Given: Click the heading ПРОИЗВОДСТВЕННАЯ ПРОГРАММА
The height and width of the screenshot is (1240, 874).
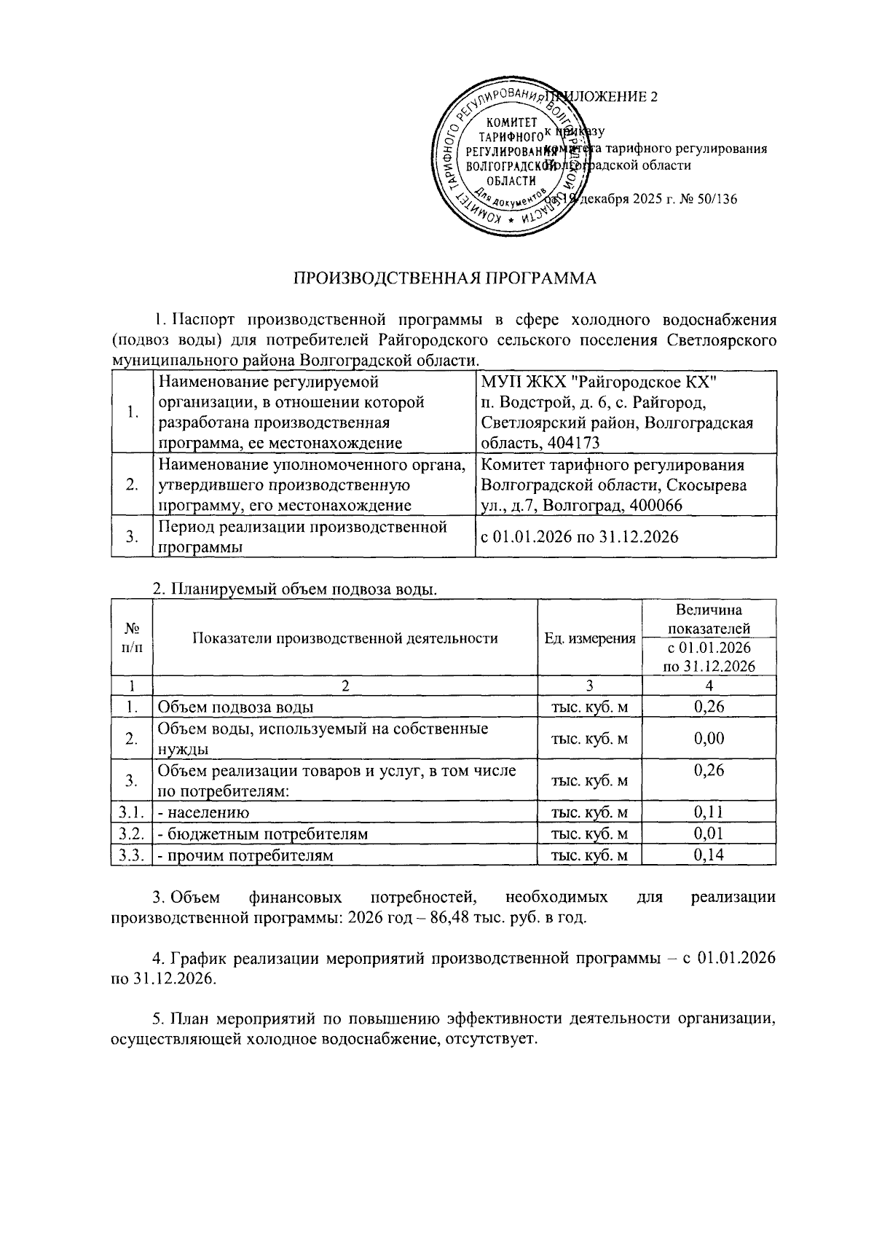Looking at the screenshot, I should [x=444, y=278].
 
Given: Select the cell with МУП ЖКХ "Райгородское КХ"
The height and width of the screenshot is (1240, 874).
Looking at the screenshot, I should [x=599, y=382].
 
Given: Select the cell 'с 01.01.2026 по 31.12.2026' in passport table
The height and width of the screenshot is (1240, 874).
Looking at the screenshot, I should [x=579, y=538].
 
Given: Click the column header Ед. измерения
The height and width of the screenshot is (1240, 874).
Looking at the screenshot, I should [x=589, y=638].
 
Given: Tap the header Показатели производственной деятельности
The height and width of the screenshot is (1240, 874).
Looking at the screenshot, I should [x=345, y=638].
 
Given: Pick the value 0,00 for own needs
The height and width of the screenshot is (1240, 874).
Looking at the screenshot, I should [x=709, y=739].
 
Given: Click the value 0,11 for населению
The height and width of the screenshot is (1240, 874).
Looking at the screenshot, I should [x=709, y=812].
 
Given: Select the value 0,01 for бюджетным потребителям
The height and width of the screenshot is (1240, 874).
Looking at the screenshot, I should [x=709, y=833].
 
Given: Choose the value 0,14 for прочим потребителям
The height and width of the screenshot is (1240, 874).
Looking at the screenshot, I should [x=709, y=855].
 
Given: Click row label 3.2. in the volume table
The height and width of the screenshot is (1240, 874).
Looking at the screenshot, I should [x=131, y=834].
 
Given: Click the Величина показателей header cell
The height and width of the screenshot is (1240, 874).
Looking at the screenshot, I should [x=709, y=619].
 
